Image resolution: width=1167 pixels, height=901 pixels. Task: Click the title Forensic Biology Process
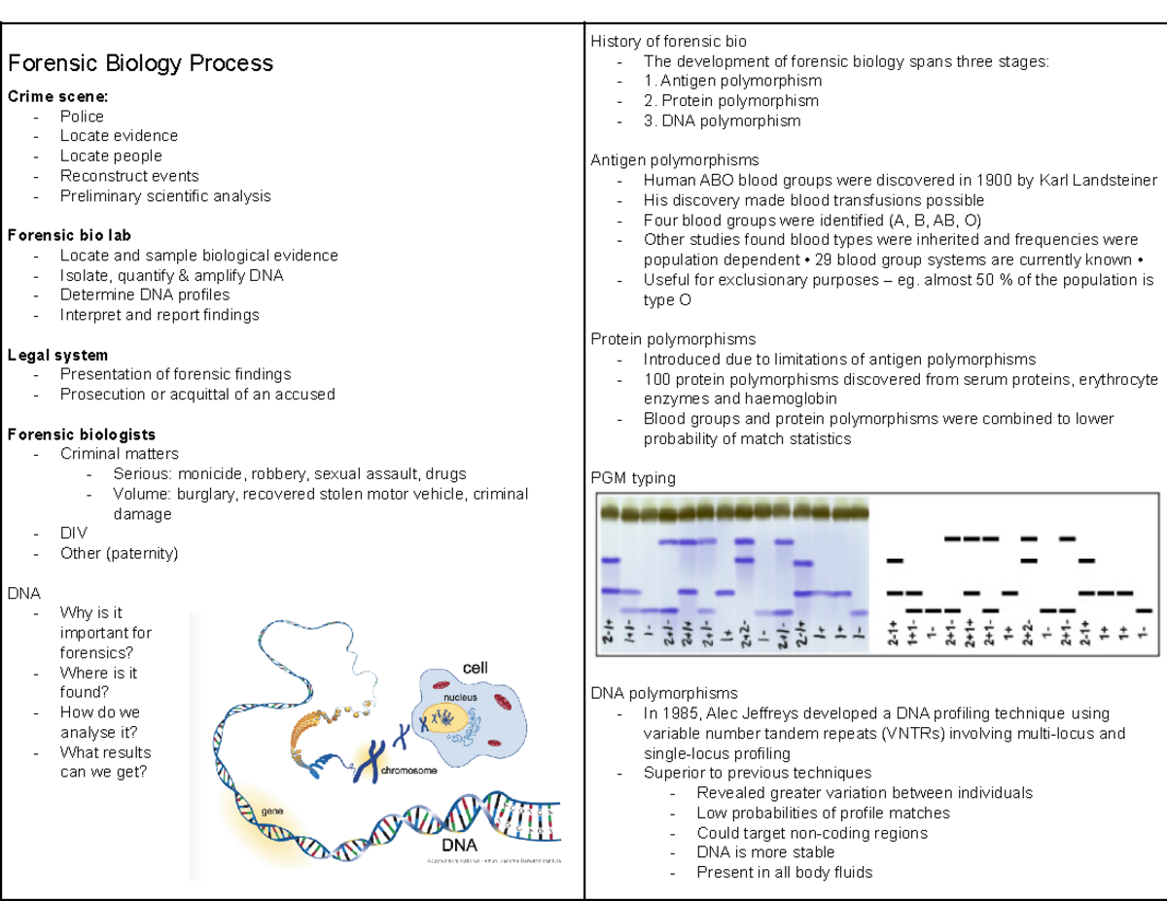(x=140, y=63)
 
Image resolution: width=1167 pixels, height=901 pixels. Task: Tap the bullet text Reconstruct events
(x=129, y=176)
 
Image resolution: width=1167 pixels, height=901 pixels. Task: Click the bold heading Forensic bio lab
(x=69, y=235)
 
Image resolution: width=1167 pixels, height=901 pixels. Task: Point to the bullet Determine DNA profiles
(x=145, y=295)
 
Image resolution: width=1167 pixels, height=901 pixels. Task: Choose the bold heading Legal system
(x=57, y=355)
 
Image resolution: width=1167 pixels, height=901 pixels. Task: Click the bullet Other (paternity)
(x=119, y=553)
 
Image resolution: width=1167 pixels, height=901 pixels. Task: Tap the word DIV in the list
(x=73, y=534)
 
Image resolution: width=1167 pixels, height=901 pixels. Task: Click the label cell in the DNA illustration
(x=475, y=669)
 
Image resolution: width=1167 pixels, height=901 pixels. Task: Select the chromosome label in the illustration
(x=408, y=771)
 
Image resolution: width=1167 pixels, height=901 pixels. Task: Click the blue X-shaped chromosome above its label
(x=367, y=761)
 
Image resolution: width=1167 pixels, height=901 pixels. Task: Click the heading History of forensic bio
(x=668, y=41)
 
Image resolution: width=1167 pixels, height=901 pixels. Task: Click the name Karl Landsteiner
(x=1098, y=180)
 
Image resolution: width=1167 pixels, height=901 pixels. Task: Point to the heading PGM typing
(x=632, y=478)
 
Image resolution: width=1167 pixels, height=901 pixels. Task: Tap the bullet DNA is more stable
(x=765, y=852)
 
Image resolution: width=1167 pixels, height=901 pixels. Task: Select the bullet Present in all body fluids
(x=784, y=872)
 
